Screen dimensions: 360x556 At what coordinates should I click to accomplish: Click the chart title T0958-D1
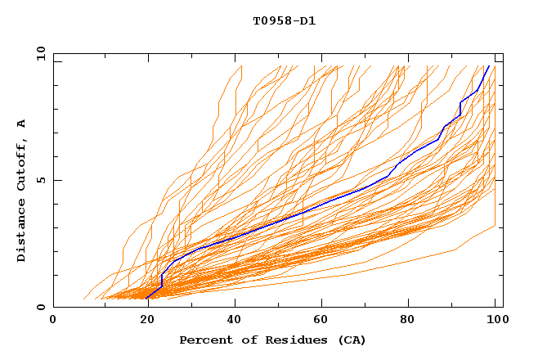point(284,20)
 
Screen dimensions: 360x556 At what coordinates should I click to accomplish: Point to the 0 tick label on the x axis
point(53,321)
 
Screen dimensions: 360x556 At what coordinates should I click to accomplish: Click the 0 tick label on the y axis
point(40,308)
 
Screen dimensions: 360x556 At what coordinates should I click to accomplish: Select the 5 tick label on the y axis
point(40,181)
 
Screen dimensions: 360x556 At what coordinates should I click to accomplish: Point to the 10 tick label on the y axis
point(37,54)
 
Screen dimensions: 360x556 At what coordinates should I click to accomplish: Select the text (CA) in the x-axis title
point(352,340)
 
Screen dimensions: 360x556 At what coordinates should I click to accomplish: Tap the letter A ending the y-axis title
point(22,123)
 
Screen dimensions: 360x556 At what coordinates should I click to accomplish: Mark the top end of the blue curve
point(489,66)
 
